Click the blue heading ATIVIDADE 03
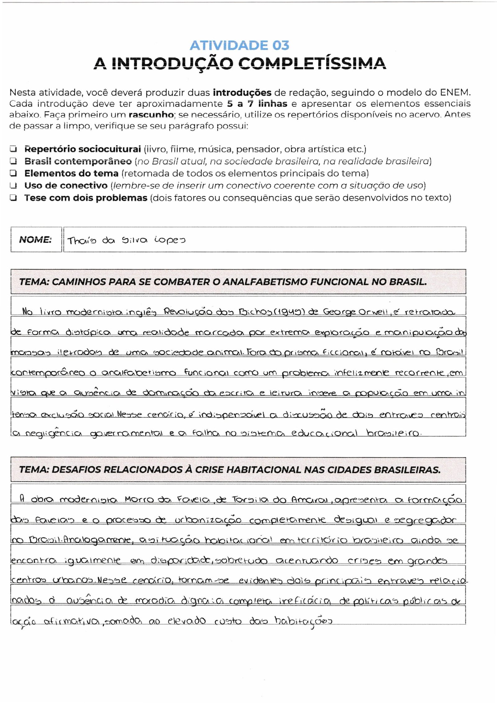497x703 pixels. click(239, 46)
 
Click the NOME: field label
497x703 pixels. click(35, 240)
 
